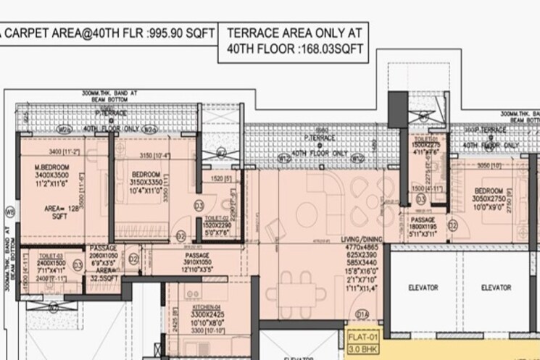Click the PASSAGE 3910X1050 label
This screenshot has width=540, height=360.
point(196,256)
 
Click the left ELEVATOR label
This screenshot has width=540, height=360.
point(423,288)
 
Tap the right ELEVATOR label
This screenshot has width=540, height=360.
point(496,288)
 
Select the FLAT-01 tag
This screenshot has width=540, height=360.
point(364,336)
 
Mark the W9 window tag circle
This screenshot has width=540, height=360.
point(9,212)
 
